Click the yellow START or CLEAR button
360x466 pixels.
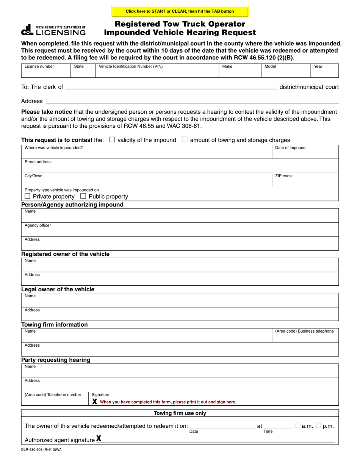[180, 11]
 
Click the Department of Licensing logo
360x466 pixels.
[53, 30]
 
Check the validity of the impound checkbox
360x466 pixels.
[112, 139]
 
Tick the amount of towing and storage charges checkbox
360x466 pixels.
[185, 139]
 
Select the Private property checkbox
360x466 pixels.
[27, 196]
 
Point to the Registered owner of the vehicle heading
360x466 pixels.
[65, 254]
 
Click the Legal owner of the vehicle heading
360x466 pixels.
[58, 289]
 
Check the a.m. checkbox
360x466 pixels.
[297, 425]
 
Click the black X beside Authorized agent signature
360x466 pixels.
[99, 439]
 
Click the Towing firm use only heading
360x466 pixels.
[180, 413]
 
